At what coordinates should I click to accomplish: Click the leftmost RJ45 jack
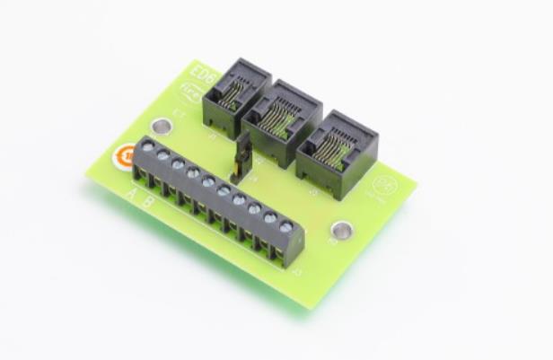[235, 96]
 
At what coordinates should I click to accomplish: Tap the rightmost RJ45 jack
[336, 153]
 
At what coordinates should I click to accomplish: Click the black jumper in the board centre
[241, 158]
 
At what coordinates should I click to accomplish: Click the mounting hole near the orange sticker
[162, 127]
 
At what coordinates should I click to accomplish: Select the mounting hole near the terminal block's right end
[341, 231]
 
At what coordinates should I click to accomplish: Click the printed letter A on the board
[132, 194]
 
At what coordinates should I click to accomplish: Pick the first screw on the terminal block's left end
[147, 145]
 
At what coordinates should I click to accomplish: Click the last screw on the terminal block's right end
[285, 227]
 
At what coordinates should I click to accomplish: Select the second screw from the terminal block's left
[162, 154]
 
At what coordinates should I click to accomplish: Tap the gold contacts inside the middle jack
[281, 119]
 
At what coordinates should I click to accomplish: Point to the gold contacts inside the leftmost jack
[233, 94]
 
